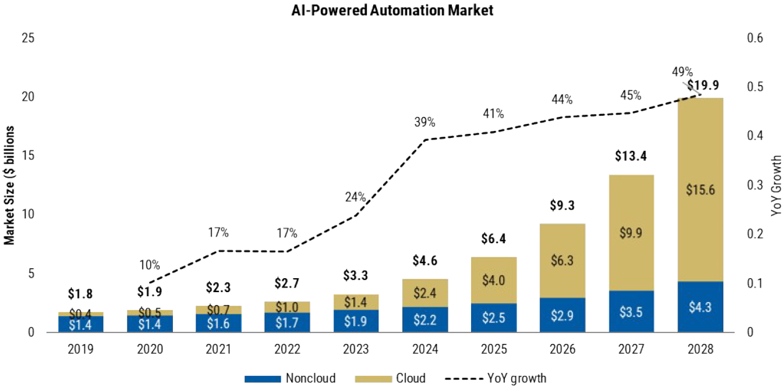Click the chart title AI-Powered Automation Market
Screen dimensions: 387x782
click(x=392, y=10)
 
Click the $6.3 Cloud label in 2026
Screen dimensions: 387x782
click(x=562, y=260)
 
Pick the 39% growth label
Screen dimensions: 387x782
click(x=424, y=122)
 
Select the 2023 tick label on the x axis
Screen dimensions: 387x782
click(x=356, y=349)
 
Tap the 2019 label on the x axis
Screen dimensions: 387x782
click(x=80, y=349)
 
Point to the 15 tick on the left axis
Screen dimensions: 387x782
click(x=28, y=156)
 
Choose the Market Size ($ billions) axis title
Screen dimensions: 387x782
click(x=10, y=185)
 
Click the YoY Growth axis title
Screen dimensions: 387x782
click(x=775, y=186)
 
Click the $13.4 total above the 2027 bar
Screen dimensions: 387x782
click(x=631, y=156)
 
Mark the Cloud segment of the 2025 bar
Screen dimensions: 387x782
click(x=493, y=280)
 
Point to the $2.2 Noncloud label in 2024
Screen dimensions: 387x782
click(x=424, y=319)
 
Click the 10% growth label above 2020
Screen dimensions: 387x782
click(x=149, y=265)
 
